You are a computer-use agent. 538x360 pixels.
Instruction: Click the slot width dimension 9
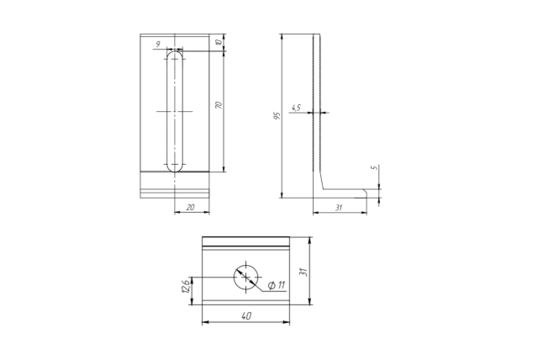point(158,45)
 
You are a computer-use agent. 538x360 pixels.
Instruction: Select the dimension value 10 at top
point(219,42)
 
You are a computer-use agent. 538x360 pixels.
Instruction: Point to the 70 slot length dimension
point(219,105)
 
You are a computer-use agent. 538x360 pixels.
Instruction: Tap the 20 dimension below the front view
point(191,207)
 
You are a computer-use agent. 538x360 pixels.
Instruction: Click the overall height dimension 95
point(277,115)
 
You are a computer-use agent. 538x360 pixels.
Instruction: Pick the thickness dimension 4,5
point(296,108)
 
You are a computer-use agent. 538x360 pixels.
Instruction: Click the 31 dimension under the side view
point(339,208)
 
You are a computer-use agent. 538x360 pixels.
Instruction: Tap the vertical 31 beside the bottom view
point(303,272)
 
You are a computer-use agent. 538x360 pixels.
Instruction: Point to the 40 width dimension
point(246,315)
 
